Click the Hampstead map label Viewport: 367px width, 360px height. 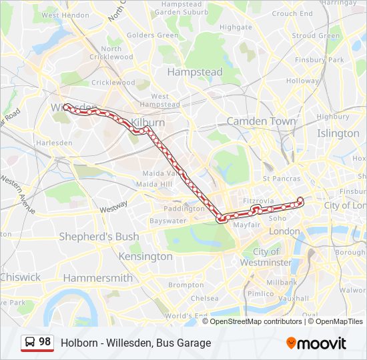coord(194,71)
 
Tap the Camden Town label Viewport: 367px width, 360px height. coord(261,121)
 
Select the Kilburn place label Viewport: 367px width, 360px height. coord(148,123)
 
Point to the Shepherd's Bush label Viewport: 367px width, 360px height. coord(99,237)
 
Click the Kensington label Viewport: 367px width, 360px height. coord(145,257)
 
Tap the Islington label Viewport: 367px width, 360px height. coord(338,133)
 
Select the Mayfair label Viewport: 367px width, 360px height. coord(246,225)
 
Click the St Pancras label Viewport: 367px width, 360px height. coord(280,179)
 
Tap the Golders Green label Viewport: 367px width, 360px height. coord(152,35)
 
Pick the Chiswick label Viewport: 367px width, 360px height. coord(20,277)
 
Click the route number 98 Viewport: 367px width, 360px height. coord(45,341)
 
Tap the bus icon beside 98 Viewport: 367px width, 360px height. coord(30,342)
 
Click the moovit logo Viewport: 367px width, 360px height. coord(316,343)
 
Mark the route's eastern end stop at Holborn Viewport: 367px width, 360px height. coord(300,200)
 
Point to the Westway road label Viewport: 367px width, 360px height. coord(113,207)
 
